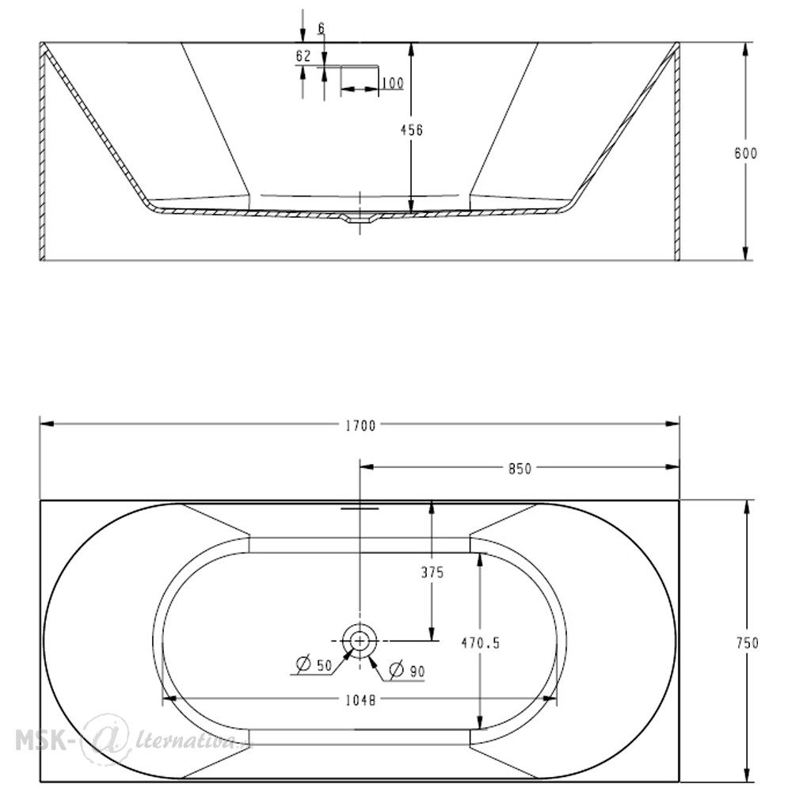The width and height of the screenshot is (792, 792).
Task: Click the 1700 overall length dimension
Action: (360, 426)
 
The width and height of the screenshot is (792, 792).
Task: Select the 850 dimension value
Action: (520, 469)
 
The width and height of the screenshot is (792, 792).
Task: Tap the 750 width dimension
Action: (747, 642)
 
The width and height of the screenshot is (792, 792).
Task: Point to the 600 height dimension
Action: (745, 153)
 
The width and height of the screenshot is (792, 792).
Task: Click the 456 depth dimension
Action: (412, 131)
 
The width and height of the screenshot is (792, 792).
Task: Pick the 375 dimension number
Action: (432, 573)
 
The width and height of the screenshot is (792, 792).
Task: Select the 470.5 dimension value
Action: (481, 643)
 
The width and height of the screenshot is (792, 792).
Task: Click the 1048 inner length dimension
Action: (360, 701)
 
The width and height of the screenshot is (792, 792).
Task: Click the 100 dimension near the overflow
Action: (393, 83)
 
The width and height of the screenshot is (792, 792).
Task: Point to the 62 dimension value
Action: (303, 56)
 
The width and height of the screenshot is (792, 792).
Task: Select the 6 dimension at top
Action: (322, 29)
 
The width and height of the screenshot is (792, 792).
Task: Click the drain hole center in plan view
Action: (360, 641)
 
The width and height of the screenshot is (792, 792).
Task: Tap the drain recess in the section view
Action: (360, 219)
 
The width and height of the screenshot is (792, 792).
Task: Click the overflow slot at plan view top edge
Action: (360, 508)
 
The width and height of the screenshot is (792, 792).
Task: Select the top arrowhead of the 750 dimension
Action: (747, 507)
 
